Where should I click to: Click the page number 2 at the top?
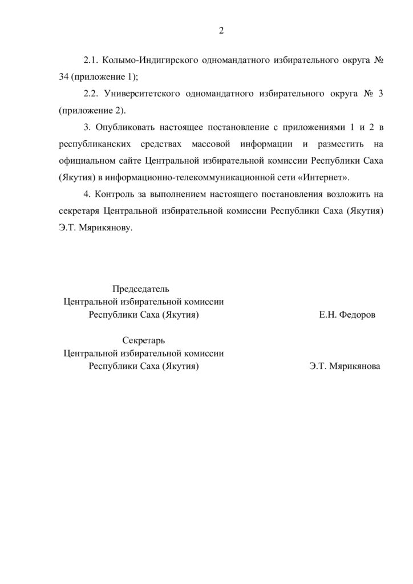(221, 31)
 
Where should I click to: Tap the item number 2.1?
(91, 60)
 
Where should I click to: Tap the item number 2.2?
(91, 94)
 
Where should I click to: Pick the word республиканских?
(94, 144)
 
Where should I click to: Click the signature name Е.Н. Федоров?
(347, 315)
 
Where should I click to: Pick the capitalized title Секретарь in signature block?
(144, 340)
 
